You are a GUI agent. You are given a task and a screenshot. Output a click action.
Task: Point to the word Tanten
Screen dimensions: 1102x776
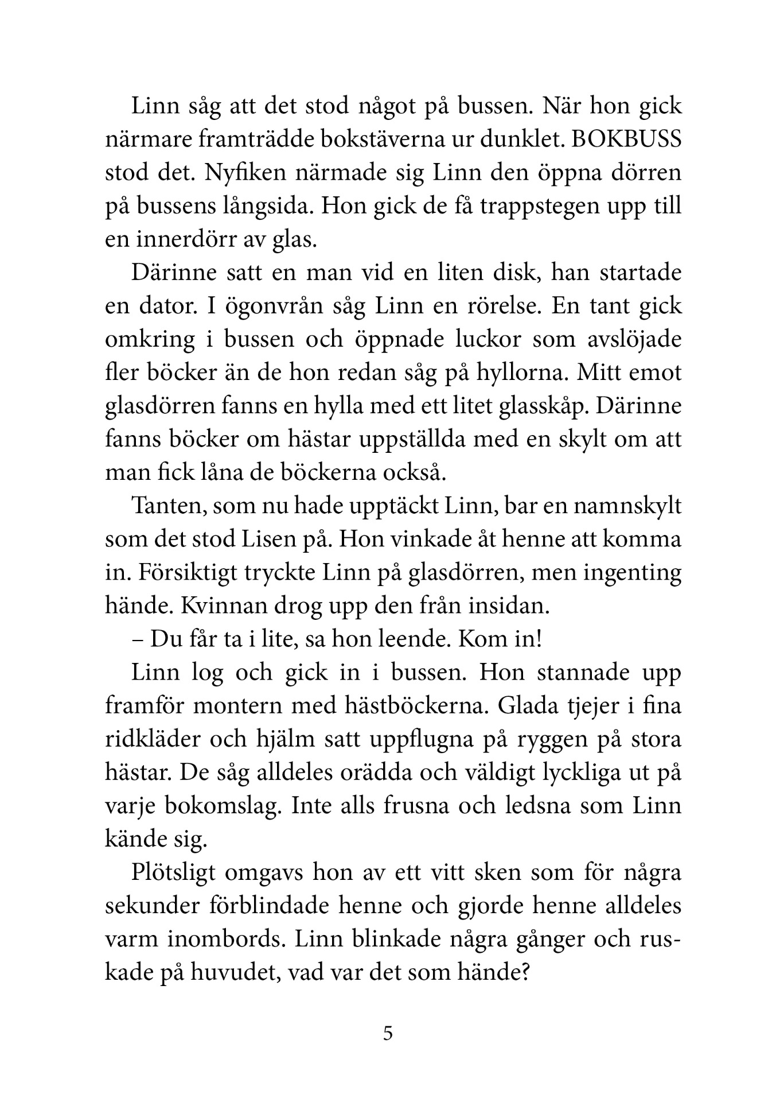click(x=165, y=507)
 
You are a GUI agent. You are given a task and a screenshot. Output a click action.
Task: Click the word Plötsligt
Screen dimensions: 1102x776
click(x=181, y=872)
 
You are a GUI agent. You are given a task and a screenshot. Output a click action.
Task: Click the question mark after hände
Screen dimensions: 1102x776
click(x=522, y=972)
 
